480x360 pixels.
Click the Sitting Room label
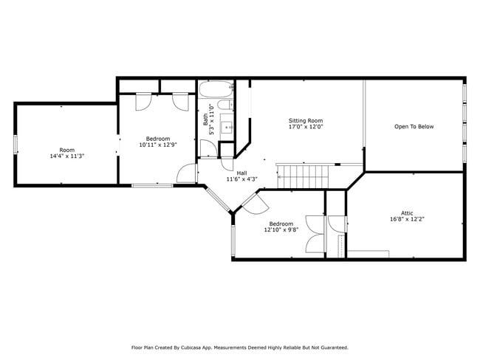[x=306, y=120]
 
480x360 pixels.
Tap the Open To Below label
[x=414, y=127]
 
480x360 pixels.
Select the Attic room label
[x=407, y=213]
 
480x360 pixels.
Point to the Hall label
[x=241, y=173]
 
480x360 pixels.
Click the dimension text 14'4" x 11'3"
[x=67, y=156]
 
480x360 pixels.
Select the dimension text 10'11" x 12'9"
[x=158, y=145]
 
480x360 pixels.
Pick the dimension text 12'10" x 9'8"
[x=281, y=229]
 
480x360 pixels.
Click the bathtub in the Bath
[x=216, y=89]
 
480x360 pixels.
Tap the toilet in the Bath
[x=225, y=105]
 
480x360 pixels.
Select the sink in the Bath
[x=227, y=127]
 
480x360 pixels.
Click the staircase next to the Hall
[x=303, y=177]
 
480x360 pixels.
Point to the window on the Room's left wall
[x=16, y=145]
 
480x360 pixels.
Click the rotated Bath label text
[x=205, y=120]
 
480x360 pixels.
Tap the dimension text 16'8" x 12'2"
[x=407, y=219]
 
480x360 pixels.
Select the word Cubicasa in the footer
[x=191, y=347]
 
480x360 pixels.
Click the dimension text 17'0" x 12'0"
[x=306, y=126]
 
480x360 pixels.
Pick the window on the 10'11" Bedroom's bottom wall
[x=152, y=185]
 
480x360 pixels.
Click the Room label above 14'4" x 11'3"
[x=67, y=150]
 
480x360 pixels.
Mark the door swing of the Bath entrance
[x=209, y=148]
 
